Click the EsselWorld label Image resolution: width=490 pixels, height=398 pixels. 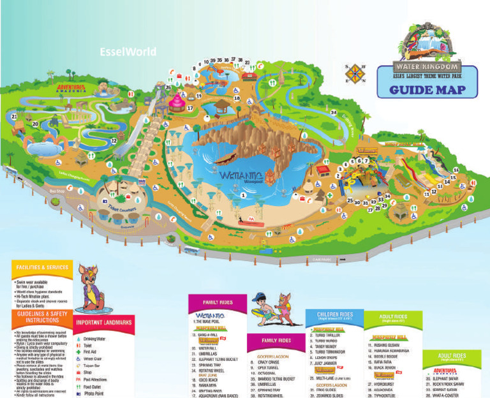point(128,52)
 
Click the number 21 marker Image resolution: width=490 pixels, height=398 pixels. point(14,117)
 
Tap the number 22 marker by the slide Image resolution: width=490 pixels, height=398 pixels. point(114,140)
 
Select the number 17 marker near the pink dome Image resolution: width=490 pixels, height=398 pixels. point(190,108)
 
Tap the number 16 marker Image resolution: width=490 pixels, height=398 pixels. point(456,169)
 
